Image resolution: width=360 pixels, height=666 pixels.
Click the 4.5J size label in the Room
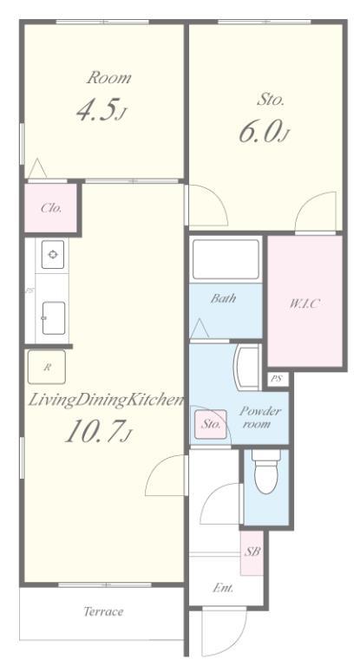tap(101, 110)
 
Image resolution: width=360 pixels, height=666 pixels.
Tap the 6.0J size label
tap(264, 132)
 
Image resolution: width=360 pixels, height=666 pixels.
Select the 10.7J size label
tap(97, 432)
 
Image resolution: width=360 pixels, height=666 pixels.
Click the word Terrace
tap(103, 611)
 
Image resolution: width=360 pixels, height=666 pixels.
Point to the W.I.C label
tap(304, 304)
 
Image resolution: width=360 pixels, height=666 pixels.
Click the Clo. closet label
tap(51, 208)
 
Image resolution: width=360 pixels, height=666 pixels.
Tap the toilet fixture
tap(266, 472)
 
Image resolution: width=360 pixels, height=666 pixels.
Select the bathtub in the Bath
tap(226, 260)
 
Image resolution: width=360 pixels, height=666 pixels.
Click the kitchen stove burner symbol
tap(53, 254)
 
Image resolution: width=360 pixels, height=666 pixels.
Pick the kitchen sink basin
tap(54, 318)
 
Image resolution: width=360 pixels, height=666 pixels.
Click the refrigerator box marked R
tap(47, 368)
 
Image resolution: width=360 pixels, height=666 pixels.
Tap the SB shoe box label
tap(252, 552)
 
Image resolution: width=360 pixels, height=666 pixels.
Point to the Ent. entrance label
tap(223, 589)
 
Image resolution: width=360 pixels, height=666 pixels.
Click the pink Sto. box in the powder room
tap(211, 424)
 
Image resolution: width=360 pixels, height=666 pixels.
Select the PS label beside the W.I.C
tap(277, 379)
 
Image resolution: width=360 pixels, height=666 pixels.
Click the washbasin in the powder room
tap(247, 368)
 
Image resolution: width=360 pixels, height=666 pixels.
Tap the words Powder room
tap(259, 417)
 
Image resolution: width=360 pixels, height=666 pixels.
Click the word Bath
tap(224, 298)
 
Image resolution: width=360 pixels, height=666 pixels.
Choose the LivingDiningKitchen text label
tap(106, 401)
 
